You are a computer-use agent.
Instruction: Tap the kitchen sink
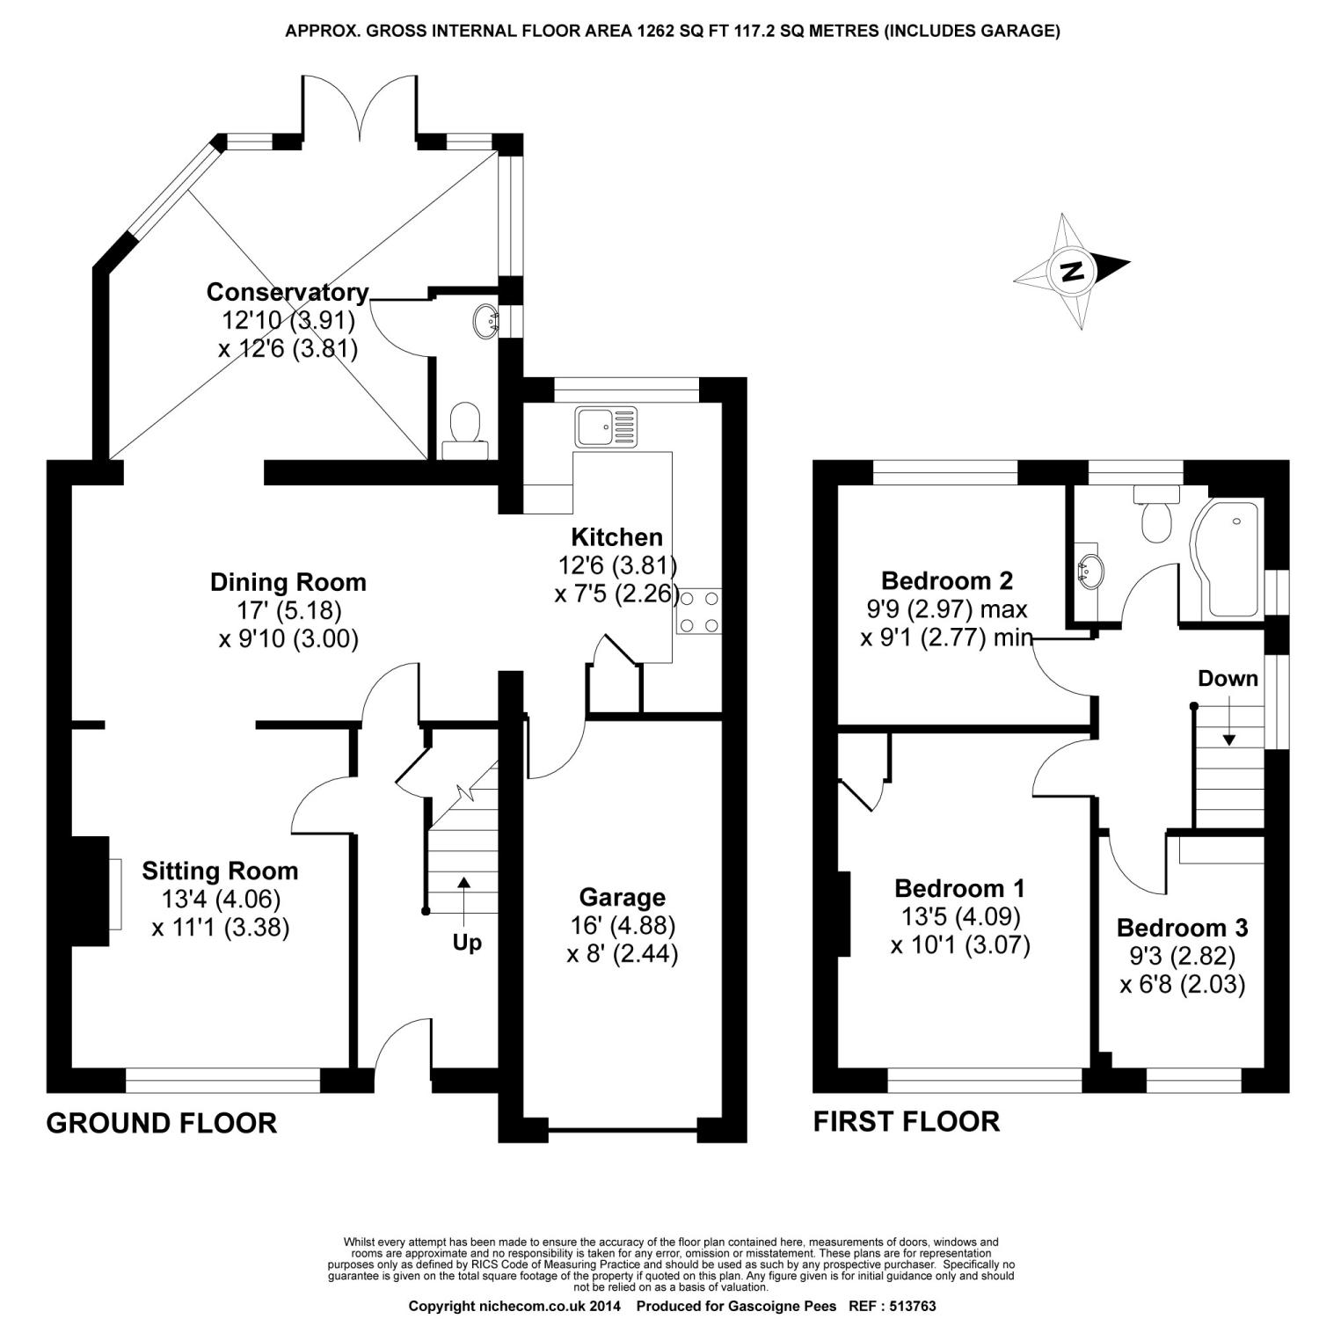[606, 427]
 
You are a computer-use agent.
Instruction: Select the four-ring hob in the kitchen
[698, 611]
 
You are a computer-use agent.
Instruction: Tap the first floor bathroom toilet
[1155, 516]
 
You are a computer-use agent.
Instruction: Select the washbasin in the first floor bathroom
[1088, 569]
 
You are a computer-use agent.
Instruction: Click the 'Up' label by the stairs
[467, 943]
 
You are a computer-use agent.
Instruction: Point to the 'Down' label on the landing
[1228, 679]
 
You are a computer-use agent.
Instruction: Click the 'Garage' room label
[622, 897]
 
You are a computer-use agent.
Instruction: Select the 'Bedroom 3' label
[1182, 928]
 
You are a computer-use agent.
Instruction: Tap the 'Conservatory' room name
[287, 292]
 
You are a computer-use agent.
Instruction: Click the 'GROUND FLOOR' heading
[161, 1123]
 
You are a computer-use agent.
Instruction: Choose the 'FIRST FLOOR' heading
[906, 1121]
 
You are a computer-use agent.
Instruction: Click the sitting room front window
[222, 1081]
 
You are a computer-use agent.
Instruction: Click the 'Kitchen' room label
[616, 536]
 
